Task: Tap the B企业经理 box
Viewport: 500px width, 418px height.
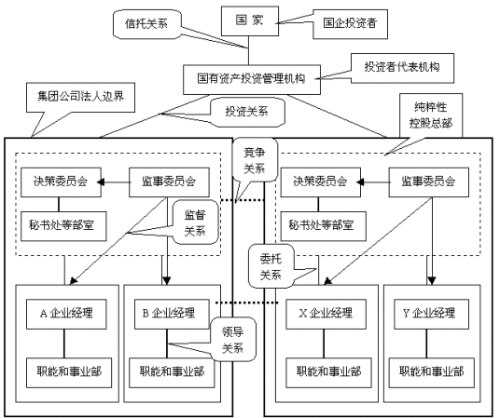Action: point(167,312)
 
